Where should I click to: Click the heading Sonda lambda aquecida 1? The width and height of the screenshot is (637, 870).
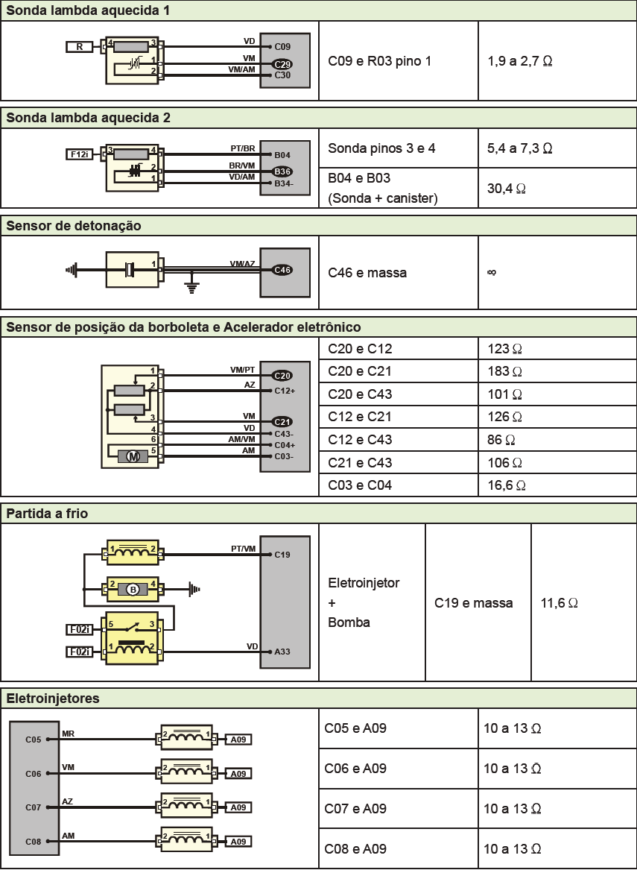(x=88, y=11)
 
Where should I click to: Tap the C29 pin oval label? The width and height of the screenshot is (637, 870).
(x=282, y=64)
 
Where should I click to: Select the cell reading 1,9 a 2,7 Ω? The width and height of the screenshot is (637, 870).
(x=519, y=60)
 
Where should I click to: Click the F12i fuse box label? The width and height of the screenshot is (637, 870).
(x=79, y=154)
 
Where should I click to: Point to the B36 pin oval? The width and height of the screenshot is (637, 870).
(x=282, y=171)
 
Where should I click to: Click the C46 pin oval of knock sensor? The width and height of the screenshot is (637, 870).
(x=282, y=270)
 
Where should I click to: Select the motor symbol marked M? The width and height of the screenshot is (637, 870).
(x=133, y=456)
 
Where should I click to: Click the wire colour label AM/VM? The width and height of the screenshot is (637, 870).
(x=241, y=440)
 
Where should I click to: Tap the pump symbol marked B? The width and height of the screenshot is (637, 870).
(x=133, y=590)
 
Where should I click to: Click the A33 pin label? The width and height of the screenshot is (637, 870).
(x=282, y=652)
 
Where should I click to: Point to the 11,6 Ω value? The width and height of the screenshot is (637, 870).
(x=560, y=602)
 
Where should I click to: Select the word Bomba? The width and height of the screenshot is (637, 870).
(x=349, y=622)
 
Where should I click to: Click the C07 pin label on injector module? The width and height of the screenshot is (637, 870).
(x=33, y=807)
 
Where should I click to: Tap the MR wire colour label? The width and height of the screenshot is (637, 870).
(x=68, y=734)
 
